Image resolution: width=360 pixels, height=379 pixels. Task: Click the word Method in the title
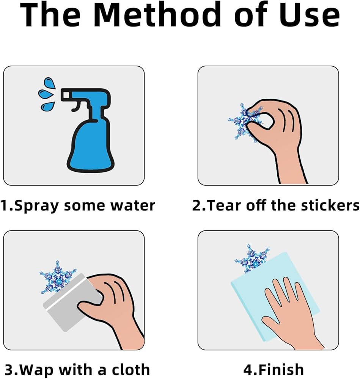click(x=157, y=15)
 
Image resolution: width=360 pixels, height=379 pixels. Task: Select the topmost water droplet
click(x=50, y=83)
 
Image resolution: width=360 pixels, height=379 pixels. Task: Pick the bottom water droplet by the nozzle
click(x=48, y=106)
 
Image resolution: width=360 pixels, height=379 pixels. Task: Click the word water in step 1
click(x=132, y=205)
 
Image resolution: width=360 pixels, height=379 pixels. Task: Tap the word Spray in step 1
click(x=36, y=206)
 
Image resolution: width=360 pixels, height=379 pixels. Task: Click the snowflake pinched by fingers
click(x=245, y=122)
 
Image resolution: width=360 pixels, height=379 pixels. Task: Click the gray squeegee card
click(x=71, y=302)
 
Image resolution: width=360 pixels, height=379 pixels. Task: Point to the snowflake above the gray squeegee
click(x=57, y=277)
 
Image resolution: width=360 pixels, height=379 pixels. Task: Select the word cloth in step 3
click(x=130, y=369)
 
